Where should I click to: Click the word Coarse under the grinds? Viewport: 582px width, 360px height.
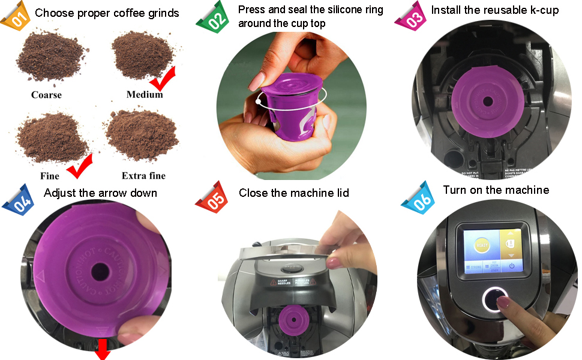(x=46, y=95)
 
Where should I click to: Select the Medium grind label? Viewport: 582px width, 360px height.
(x=145, y=95)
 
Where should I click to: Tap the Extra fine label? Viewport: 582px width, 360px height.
(x=143, y=176)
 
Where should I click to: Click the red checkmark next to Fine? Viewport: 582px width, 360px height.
(x=81, y=166)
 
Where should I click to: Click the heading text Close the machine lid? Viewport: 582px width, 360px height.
(x=293, y=193)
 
